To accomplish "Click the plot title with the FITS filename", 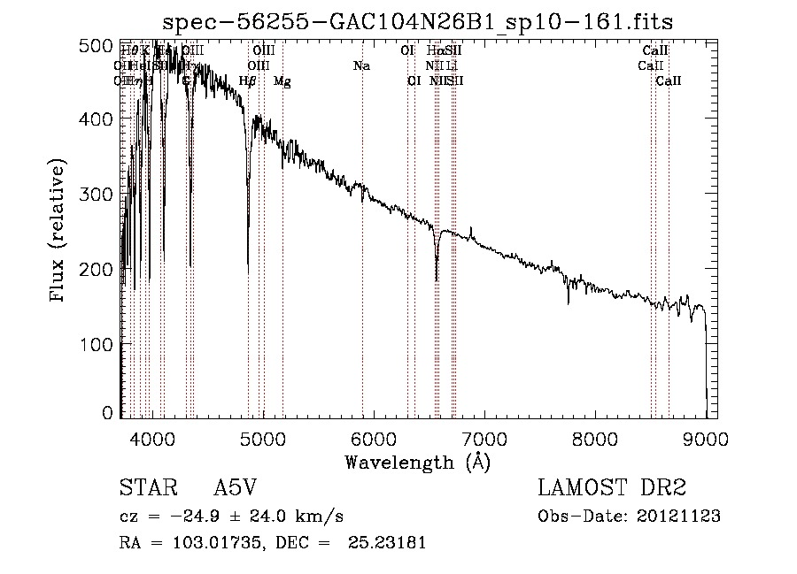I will tap(424, 22).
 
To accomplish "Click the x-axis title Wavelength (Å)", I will tap(417, 462).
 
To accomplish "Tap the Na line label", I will tap(361, 65).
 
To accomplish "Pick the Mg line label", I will tap(282, 80).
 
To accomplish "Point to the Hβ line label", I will tap(248, 80).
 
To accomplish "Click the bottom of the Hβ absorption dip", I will tap(248, 271).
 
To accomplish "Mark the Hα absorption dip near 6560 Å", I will tap(437, 279).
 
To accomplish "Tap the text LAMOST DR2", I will tap(612, 488).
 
